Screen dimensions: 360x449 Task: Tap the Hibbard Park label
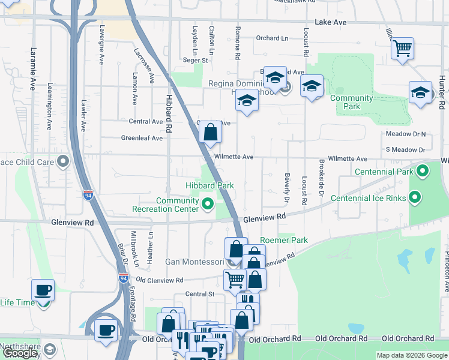(209, 186)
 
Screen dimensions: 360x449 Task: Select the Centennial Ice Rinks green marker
(415, 197)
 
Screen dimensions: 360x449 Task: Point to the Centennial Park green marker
(423, 172)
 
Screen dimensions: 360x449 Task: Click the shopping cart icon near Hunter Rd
(402, 47)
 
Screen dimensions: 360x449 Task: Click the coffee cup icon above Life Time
(43, 290)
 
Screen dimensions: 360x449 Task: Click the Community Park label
(351, 102)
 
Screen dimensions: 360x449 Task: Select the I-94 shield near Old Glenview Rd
(123, 278)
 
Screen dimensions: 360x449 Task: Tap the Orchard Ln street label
(272, 38)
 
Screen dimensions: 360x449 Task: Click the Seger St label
(195, 60)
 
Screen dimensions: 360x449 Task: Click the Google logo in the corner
(20, 353)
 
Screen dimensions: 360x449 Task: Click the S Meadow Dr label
(405, 149)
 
